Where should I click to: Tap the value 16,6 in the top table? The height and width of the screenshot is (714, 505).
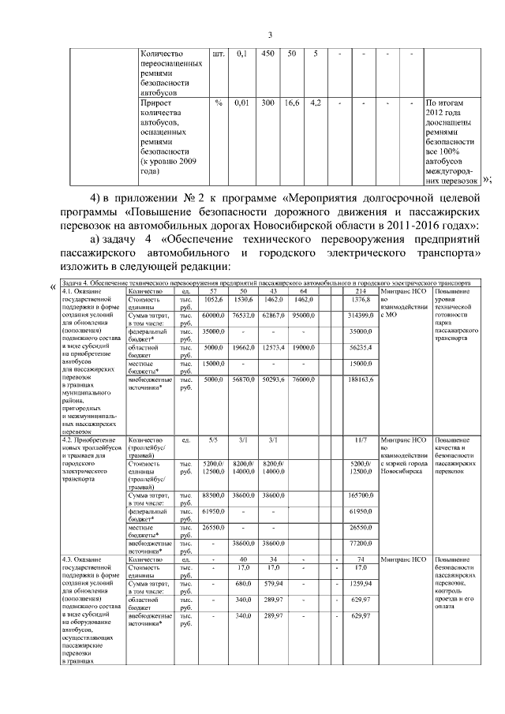point(291,103)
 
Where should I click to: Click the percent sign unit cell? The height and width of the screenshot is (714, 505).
point(219,103)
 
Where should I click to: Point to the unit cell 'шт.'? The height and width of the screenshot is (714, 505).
point(219,54)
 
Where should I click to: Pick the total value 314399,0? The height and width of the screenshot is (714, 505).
point(361,315)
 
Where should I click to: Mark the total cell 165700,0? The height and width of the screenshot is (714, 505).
point(361,494)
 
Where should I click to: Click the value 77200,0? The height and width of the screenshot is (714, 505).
point(361,544)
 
